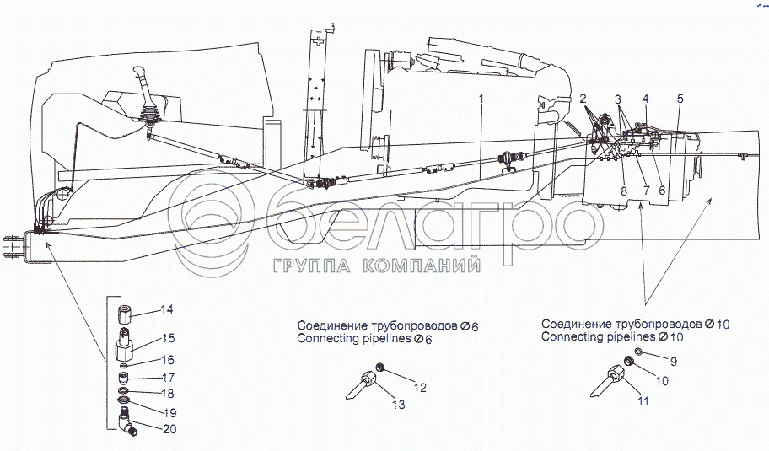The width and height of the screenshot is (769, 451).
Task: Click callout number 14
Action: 166,309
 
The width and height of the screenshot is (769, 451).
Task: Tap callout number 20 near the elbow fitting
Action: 169,429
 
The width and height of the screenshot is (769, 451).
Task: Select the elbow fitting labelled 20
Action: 128,423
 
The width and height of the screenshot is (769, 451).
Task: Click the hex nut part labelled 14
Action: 124,314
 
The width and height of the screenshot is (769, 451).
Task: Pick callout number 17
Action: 168,378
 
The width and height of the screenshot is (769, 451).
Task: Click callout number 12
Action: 420,388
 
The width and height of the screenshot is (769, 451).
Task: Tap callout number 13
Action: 398,405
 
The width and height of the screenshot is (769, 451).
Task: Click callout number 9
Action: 674,362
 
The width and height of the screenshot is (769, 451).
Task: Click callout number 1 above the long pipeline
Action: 481,98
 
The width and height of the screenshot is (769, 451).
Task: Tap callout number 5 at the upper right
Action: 680,99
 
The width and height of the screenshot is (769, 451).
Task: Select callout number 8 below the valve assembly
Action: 624,191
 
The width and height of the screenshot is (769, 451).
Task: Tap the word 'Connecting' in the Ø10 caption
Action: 566,337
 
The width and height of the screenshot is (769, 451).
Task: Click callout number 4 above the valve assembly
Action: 645,99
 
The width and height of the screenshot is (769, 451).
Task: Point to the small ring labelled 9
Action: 638,351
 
